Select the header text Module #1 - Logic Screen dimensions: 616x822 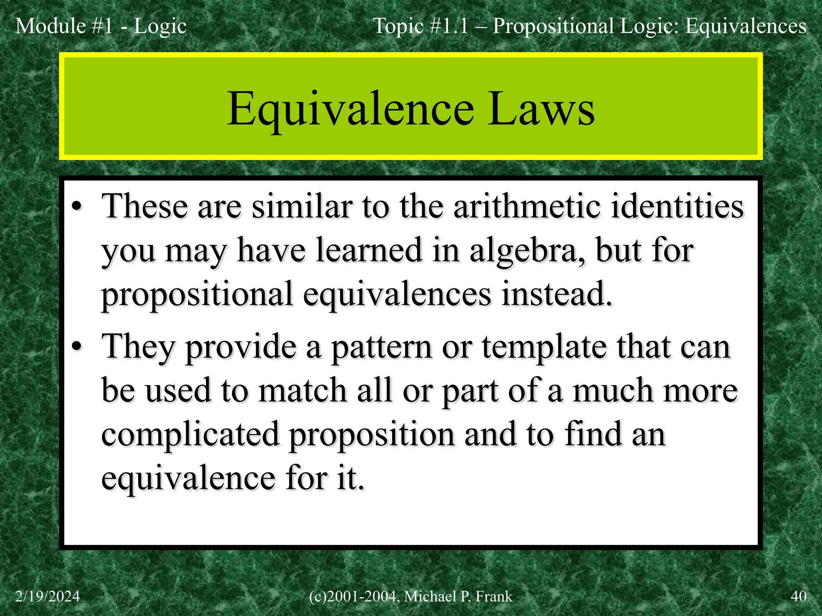pos(101,26)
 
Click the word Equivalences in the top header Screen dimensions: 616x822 pos(745,26)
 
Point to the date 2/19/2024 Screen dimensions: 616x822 pos(47,596)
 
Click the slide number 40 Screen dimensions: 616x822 pos(798,596)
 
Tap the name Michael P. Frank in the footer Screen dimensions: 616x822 pos(458,596)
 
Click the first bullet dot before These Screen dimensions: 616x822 pos(77,207)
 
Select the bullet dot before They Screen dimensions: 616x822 pos(77,347)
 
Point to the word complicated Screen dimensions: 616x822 pos(190,435)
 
